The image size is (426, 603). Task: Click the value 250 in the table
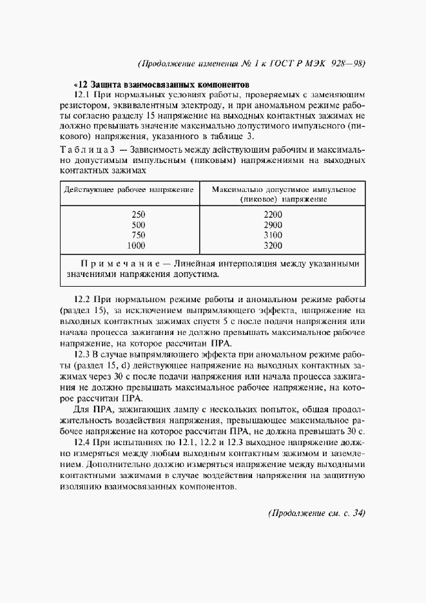[x=138, y=215]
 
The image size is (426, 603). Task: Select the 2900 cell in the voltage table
[x=273, y=225]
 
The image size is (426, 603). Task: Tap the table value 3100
[x=273, y=235]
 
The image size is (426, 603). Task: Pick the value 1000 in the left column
[x=136, y=245]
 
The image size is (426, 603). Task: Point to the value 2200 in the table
[x=273, y=215]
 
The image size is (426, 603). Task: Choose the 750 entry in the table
[x=138, y=235]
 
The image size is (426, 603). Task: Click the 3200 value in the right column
[x=273, y=245]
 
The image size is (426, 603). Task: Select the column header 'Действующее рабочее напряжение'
[x=128, y=190]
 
